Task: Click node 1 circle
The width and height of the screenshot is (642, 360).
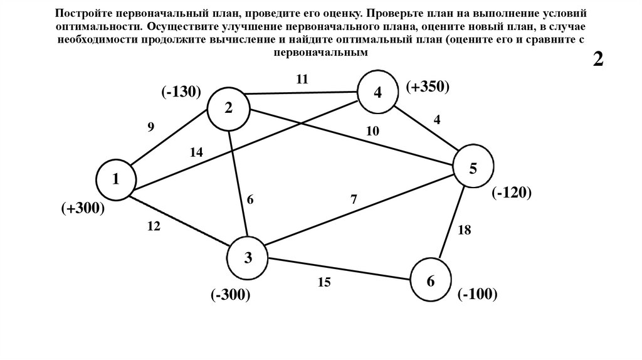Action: [116, 179]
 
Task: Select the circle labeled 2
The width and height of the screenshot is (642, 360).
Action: [229, 108]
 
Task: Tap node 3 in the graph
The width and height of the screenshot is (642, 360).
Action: [248, 257]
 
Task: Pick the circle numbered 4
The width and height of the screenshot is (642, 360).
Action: [377, 93]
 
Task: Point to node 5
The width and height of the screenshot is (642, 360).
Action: [473, 167]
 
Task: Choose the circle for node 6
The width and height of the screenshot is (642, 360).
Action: [431, 281]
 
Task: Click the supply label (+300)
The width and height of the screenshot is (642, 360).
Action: [82, 208]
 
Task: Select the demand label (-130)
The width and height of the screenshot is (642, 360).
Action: [180, 92]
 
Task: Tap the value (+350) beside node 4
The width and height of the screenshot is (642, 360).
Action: [428, 87]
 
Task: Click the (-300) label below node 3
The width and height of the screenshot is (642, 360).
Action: [230, 294]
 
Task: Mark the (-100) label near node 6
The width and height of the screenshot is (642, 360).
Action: [477, 293]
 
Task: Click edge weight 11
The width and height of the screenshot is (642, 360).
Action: [303, 79]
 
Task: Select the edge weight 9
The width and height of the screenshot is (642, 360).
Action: [150, 127]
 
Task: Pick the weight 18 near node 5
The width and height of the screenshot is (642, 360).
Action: [464, 230]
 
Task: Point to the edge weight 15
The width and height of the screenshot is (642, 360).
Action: [324, 282]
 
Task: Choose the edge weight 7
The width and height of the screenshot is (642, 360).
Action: [354, 200]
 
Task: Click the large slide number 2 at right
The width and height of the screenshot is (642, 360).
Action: [598, 60]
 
